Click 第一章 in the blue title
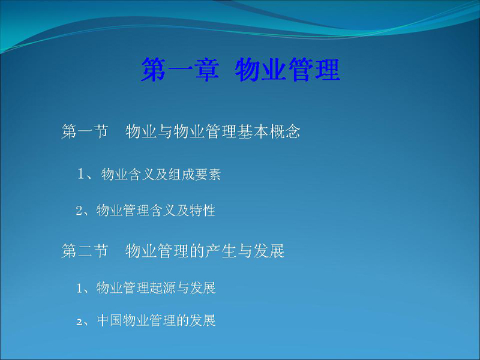pyautogui.click(x=180, y=70)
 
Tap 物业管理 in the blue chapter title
pyautogui.click(x=287, y=70)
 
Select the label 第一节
pyautogui.click(x=85, y=131)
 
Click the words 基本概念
pyautogui.click(x=268, y=131)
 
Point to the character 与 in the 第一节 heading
pyautogui.click(x=165, y=131)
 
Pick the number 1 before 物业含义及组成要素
pyautogui.click(x=81, y=174)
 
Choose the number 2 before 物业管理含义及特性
pyautogui.click(x=79, y=211)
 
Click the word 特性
pyautogui.click(x=202, y=211)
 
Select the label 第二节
pyautogui.click(x=85, y=251)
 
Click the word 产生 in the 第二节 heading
pyautogui.click(x=221, y=251)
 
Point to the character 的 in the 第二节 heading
pyautogui.click(x=197, y=251)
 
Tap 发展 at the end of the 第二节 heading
pyautogui.click(x=269, y=251)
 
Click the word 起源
pyautogui.click(x=163, y=288)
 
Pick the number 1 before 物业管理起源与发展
pyautogui.click(x=79, y=289)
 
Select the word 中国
pyautogui.click(x=109, y=320)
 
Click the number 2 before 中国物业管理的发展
pyautogui.click(x=79, y=322)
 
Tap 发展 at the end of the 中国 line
pyautogui.click(x=203, y=320)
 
